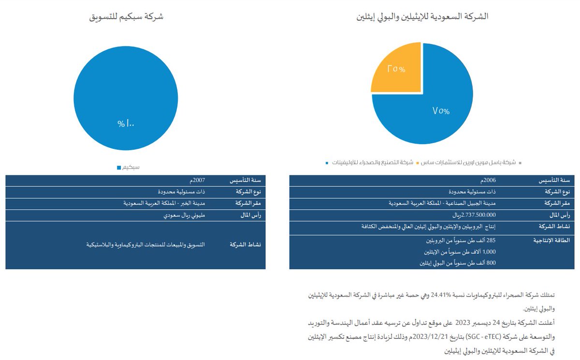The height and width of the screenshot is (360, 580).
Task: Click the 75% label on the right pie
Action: [x=441, y=111]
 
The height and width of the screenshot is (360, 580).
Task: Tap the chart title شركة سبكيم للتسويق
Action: [x=126, y=16]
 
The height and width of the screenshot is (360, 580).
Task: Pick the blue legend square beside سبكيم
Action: [x=119, y=167]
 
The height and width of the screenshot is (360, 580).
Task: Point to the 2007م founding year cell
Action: [x=199, y=180]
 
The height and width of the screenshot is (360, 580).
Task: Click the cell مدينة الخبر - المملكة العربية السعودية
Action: [x=164, y=203]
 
